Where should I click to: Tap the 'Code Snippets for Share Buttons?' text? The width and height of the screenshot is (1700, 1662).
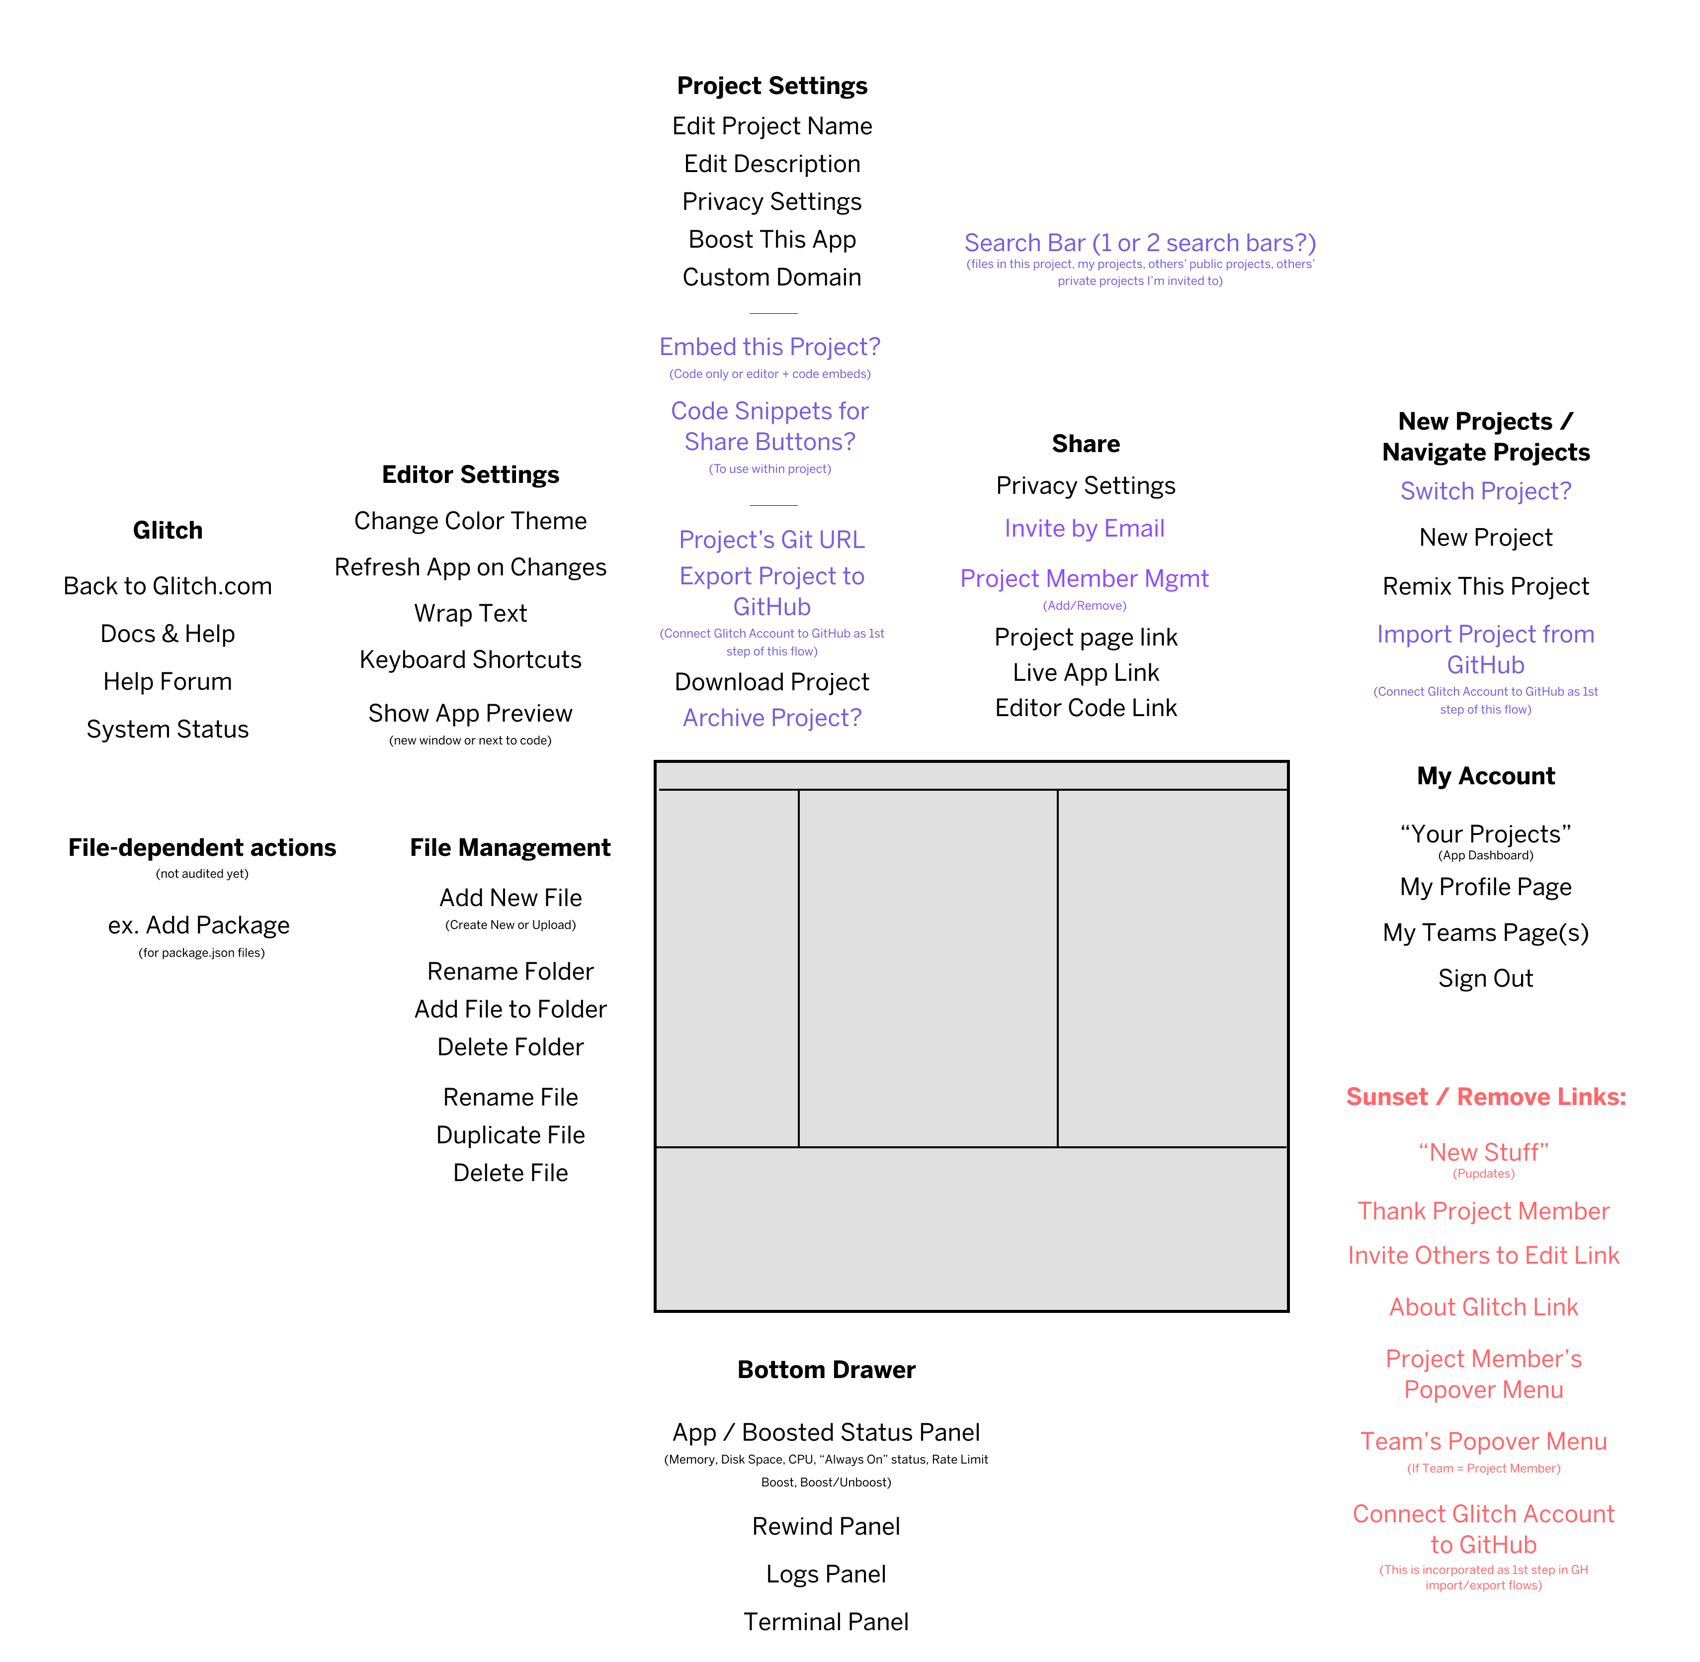[x=769, y=426]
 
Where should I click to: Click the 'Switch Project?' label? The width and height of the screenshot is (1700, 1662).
[x=1485, y=491]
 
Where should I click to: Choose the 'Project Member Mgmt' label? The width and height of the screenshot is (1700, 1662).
[x=1084, y=579]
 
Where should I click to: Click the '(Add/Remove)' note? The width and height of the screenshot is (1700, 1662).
[x=1084, y=606]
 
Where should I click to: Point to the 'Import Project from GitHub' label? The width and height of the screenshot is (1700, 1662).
[x=1485, y=649]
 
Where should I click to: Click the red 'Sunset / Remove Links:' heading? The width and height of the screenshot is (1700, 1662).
[x=1485, y=1097]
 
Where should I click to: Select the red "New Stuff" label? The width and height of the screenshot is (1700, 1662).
[x=1484, y=1152]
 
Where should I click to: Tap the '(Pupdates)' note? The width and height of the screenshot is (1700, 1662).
[x=1484, y=1174]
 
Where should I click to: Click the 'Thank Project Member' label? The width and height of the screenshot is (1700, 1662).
[x=1484, y=1211]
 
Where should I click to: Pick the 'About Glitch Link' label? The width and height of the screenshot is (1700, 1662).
[x=1484, y=1307]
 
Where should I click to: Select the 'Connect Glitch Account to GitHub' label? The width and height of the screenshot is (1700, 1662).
[x=1484, y=1529]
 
